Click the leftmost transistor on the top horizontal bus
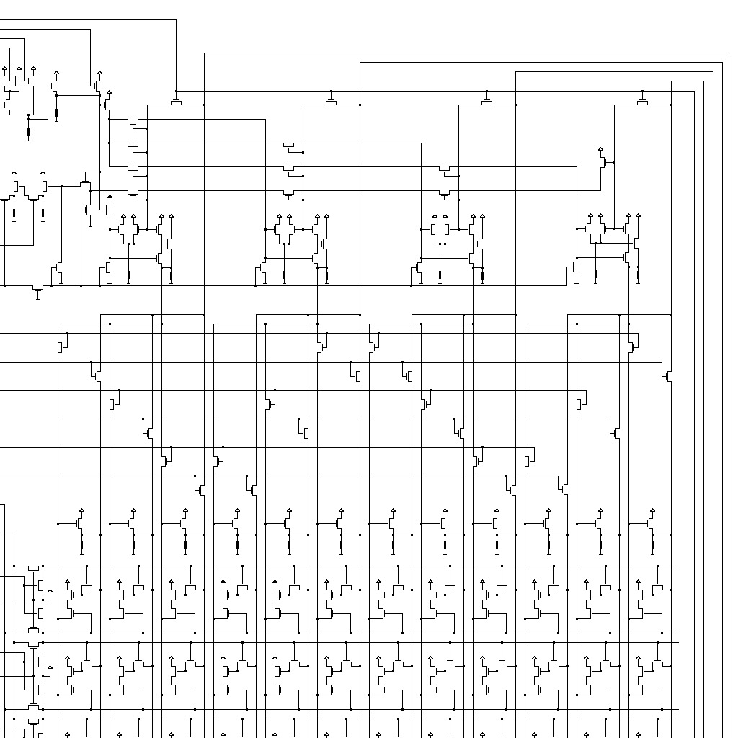click(176, 100)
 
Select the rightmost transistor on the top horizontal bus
click(643, 100)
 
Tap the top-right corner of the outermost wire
click(732, 53)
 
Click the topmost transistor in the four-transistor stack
click(133, 125)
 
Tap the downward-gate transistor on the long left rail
click(38, 290)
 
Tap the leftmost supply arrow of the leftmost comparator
click(123, 216)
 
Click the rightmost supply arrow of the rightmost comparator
click(639, 216)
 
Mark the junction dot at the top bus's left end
click(176, 91)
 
